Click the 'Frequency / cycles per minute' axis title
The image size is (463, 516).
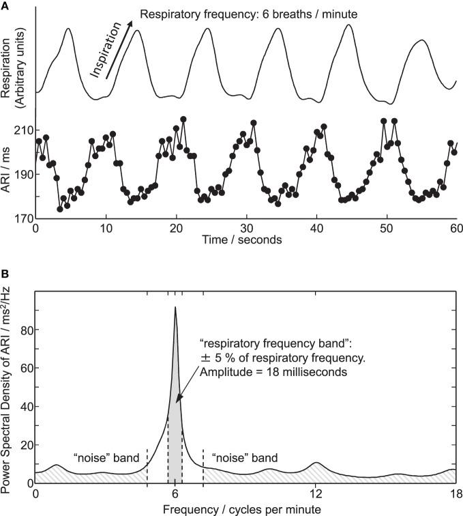tap(245, 508)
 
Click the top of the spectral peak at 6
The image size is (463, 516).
tap(175, 308)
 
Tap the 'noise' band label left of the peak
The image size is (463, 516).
tap(106, 455)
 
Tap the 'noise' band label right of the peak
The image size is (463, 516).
tap(245, 455)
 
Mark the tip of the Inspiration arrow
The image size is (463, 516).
tap(131, 20)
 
